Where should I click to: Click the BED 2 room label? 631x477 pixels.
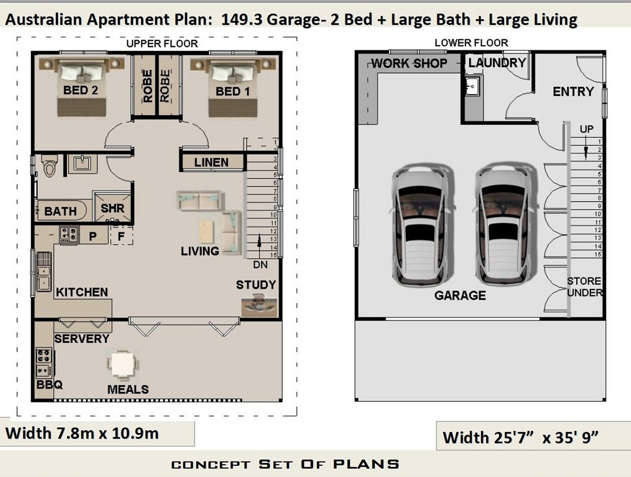click(x=80, y=90)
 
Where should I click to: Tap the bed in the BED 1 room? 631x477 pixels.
click(x=233, y=89)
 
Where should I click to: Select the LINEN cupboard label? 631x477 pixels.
click(x=211, y=162)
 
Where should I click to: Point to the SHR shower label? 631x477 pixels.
click(x=112, y=208)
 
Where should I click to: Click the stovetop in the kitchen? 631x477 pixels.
click(x=69, y=234)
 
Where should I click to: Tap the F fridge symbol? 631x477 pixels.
click(x=121, y=237)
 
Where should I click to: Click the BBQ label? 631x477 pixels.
click(x=49, y=384)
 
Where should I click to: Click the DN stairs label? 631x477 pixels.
click(x=260, y=265)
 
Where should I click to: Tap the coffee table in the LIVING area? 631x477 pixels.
click(x=206, y=231)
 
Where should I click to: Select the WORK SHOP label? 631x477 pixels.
click(x=409, y=63)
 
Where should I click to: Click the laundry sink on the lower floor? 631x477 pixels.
click(x=471, y=86)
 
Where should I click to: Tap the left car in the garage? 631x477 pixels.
click(x=423, y=225)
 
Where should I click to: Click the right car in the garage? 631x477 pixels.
click(x=506, y=225)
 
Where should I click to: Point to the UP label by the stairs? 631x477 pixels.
click(x=586, y=129)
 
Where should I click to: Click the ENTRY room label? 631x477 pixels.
click(x=573, y=92)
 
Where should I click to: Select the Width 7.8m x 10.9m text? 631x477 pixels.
click(x=82, y=433)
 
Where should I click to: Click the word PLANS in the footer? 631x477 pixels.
click(x=366, y=464)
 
